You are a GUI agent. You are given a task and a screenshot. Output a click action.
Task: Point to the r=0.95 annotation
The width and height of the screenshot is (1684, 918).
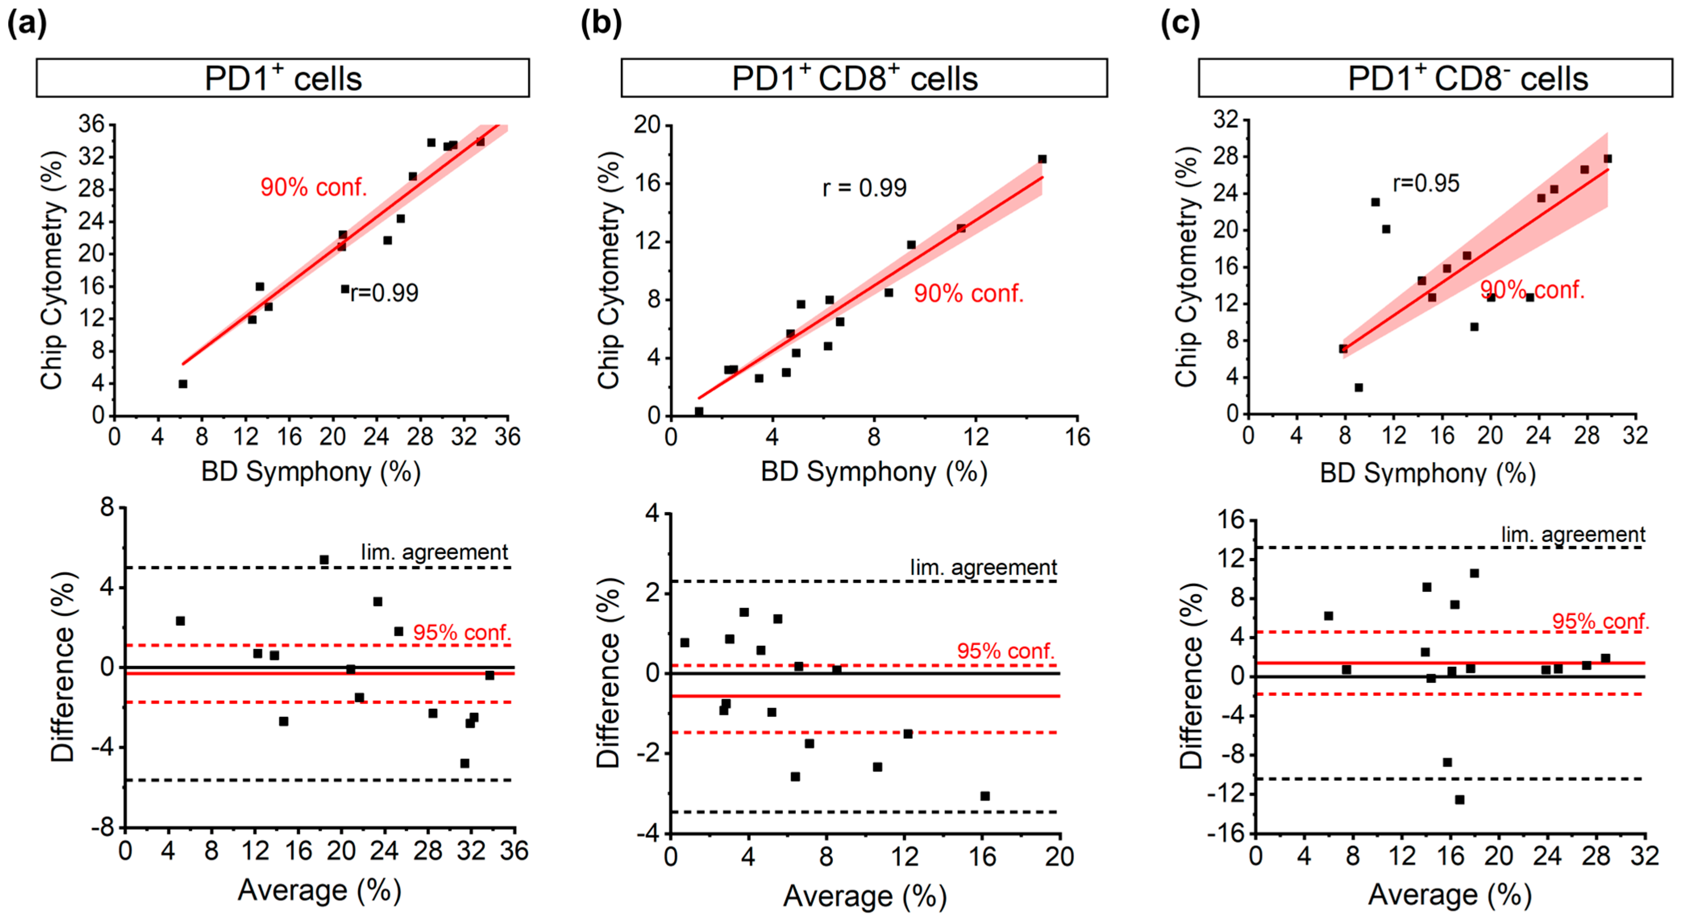tap(1426, 184)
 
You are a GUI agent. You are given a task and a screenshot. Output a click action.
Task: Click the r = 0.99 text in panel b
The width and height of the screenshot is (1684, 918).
tap(864, 188)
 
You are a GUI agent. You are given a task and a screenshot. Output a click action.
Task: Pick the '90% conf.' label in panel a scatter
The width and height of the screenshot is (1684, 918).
tap(314, 187)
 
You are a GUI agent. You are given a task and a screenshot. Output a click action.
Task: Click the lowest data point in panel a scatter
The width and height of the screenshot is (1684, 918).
tap(183, 384)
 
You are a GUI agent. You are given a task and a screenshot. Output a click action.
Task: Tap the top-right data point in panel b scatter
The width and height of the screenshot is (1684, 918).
tap(1042, 159)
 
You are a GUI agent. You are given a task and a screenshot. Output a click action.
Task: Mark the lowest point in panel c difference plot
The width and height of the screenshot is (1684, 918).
tap(1459, 799)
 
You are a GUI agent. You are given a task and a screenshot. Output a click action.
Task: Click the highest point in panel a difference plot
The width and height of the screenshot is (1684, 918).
tap(324, 560)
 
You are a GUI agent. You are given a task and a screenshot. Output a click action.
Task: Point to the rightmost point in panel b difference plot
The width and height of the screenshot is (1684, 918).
tap(984, 796)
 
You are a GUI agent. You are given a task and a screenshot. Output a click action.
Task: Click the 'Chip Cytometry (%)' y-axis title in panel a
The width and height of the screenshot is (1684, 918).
tap(52, 270)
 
